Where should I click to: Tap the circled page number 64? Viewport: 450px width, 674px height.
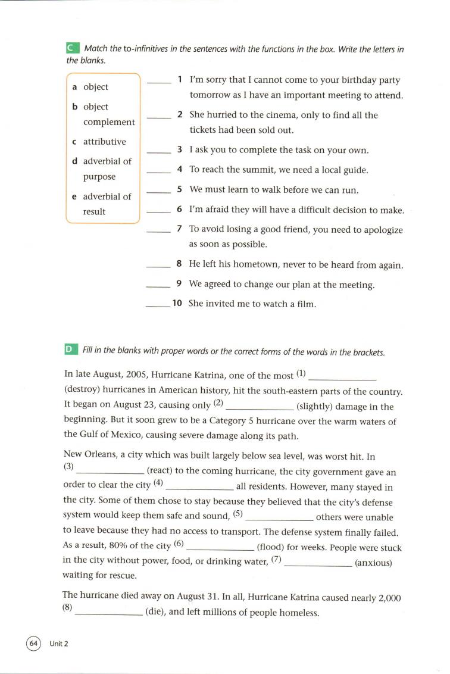[x=33, y=642]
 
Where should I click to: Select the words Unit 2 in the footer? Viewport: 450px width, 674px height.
[x=59, y=643]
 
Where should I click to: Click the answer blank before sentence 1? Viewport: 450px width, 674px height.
[x=158, y=82]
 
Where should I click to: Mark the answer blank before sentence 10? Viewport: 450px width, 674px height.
[x=157, y=306]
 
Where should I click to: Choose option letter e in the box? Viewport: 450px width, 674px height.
[x=74, y=196]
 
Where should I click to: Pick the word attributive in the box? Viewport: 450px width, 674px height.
[x=105, y=142]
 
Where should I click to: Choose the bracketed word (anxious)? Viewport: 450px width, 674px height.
[x=373, y=562]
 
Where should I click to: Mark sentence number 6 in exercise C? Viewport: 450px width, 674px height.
[x=179, y=210]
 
